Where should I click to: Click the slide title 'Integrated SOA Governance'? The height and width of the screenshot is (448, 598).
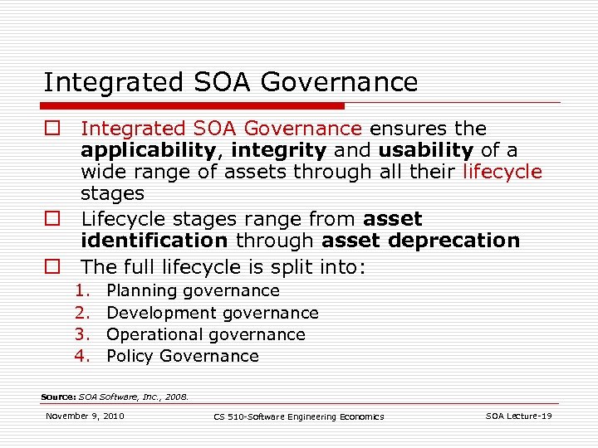230,82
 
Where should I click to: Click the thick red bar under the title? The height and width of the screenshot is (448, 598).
194,106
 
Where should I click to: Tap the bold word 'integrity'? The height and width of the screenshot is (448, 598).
278,150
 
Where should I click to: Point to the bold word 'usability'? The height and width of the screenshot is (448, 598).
426,150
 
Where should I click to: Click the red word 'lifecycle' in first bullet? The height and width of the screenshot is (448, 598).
502,172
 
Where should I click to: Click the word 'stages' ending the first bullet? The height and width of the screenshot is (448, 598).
112,193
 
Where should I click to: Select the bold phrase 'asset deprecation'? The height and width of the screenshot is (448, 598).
420,241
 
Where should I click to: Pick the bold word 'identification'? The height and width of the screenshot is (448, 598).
154,241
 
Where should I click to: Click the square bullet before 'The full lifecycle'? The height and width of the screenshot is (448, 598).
52,267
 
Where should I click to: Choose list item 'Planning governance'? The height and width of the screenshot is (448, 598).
193,291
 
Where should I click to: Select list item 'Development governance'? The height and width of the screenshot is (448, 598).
213,313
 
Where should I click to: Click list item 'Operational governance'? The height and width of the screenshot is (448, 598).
206,334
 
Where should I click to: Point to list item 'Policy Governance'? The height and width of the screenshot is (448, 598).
183,356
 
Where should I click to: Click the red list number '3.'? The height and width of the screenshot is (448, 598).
81,334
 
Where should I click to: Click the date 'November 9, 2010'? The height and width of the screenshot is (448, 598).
85,416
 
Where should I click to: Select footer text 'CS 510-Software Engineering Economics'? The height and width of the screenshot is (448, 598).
298,416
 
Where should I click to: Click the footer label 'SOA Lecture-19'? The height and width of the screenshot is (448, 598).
518,416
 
